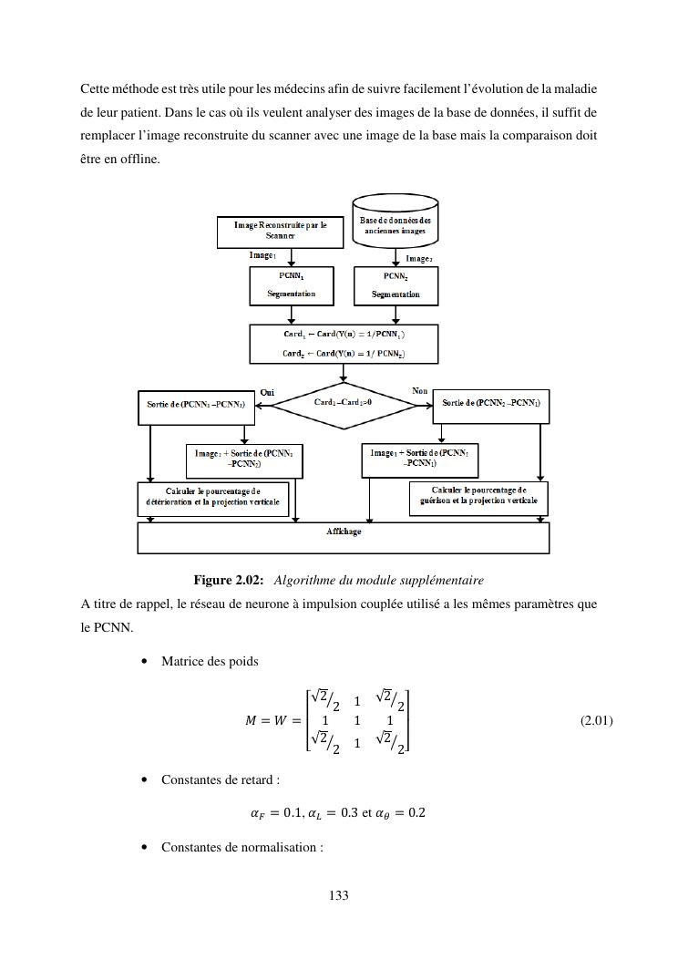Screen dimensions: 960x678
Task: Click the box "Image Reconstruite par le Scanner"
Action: (x=271, y=232)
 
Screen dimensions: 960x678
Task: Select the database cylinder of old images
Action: (x=395, y=220)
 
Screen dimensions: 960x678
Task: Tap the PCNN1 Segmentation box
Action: (x=291, y=285)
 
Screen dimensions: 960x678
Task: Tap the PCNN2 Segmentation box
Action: (x=395, y=285)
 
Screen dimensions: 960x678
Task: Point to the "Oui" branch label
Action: (x=267, y=392)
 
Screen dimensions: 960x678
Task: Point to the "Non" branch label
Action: (x=419, y=391)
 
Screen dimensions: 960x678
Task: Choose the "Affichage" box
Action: (x=343, y=537)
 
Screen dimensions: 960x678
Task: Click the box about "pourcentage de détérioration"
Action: (x=212, y=497)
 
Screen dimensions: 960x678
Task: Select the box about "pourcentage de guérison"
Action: (x=478, y=496)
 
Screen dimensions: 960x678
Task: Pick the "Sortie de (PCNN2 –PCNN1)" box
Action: (x=491, y=403)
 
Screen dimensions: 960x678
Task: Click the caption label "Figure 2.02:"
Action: (x=229, y=581)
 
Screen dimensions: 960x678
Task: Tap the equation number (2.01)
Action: (x=596, y=720)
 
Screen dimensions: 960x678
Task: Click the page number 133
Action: (x=338, y=895)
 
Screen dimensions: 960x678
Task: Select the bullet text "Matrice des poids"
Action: (x=210, y=661)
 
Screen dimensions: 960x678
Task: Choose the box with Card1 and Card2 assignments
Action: (x=343, y=345)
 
